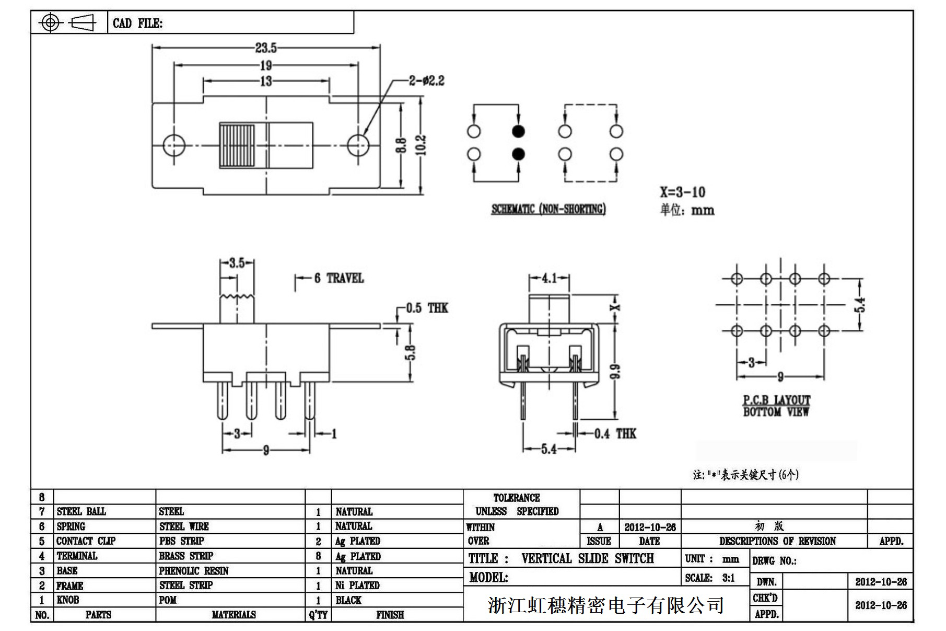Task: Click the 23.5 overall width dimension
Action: pos(265,48)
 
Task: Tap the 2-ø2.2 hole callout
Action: pos(427,81)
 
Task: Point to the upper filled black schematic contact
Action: pos(518,131)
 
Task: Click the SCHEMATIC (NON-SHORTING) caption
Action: pos(548,209)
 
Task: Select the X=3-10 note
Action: pos(682,192)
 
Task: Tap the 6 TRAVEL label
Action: pos(338,278)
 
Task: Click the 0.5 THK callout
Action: pos(427,308)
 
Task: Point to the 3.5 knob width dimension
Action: pos(237,262)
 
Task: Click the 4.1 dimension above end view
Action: pos(548,278)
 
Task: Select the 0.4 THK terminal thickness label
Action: pos(615,433)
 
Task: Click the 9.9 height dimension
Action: pos(615,371)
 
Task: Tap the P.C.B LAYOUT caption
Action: pos(776,400)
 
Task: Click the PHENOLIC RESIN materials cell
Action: pos(194,571)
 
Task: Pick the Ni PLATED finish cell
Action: pos(357,586)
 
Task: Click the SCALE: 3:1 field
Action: pos(710,578)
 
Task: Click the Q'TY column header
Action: pos(318,615)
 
